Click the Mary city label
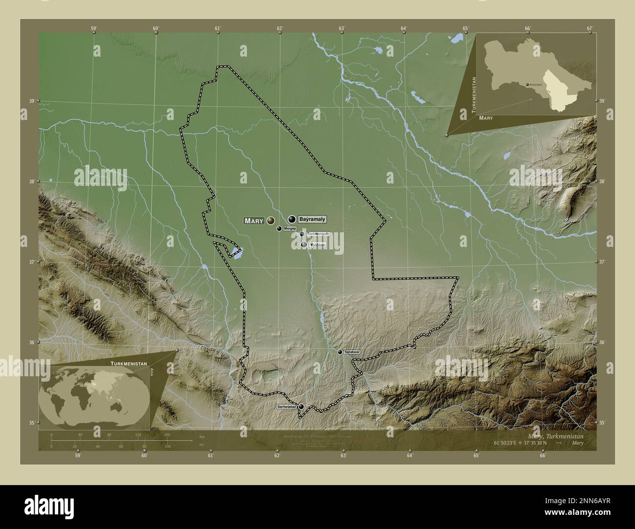(x=254, y=221)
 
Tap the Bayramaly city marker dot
(x=292, y=220)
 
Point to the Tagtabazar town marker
(x=340, y=352)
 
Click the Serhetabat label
(x=287, y=406)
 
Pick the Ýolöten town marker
(x=304, y=244)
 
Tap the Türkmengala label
(x=317, y=234)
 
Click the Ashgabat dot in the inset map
(x=527, y=85)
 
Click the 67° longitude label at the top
(x=590, y=28)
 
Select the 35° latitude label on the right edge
(x=601, y=423)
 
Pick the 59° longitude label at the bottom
(x=78, y=456)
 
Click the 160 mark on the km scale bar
(x=167, y=434)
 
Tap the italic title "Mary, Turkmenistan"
(x=556, y=435)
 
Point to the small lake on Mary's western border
(x=237, y=252)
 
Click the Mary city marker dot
(x=270, y=221)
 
